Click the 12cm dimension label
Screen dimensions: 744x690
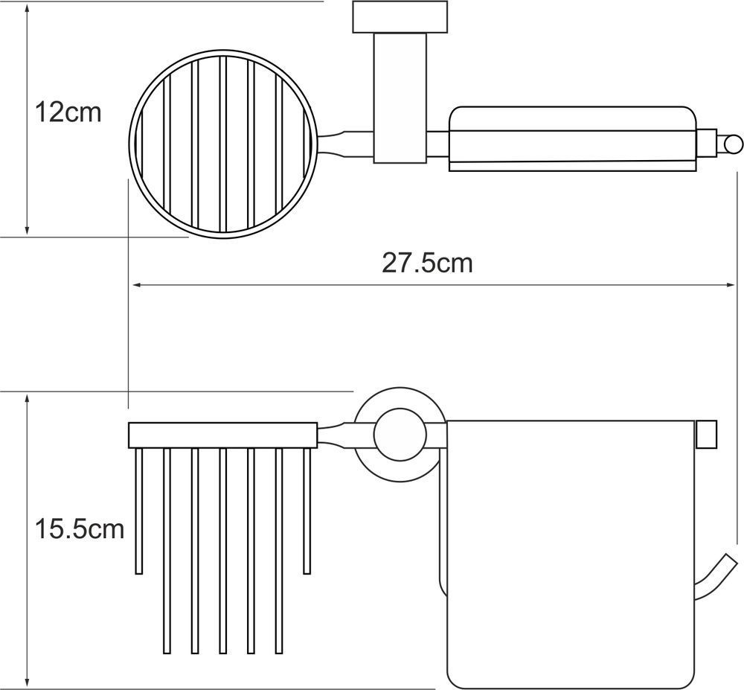(x=68, y=113)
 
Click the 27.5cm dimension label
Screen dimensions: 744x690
(x=428, y=263)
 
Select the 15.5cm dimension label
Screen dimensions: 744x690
(x=80, y=528)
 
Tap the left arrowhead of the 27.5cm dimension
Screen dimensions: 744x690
(x=137, y=285)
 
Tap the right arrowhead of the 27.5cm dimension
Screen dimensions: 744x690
(x=731, y=285)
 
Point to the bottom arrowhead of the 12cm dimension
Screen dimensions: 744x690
(x=27, y=231)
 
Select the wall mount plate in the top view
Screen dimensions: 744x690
(x=400, y=17)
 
